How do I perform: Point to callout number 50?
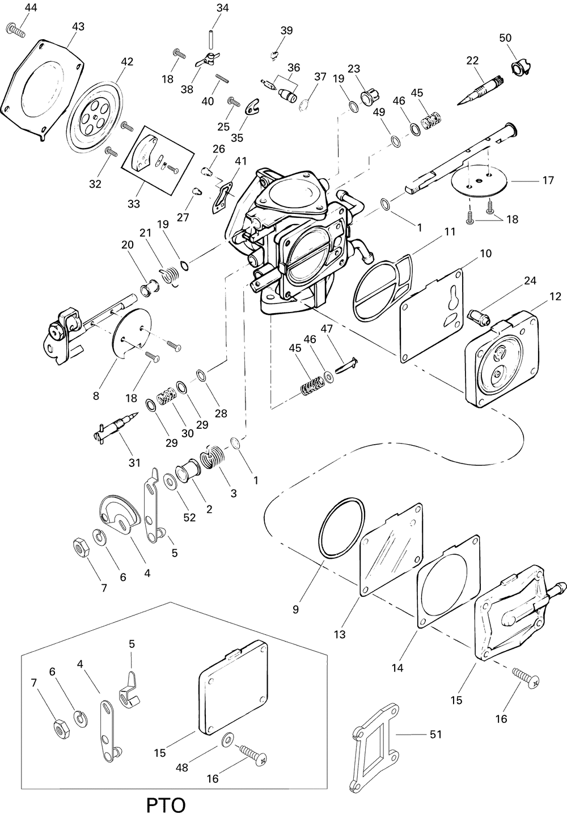[x=505, y=38]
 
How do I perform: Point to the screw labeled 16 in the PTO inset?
[x=253, y=757]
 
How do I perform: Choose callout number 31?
[x=134, y=462]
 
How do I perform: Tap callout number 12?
[x=555, y=297]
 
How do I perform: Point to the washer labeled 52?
[x=170, y=482]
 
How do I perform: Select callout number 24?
[x=530, y=281]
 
